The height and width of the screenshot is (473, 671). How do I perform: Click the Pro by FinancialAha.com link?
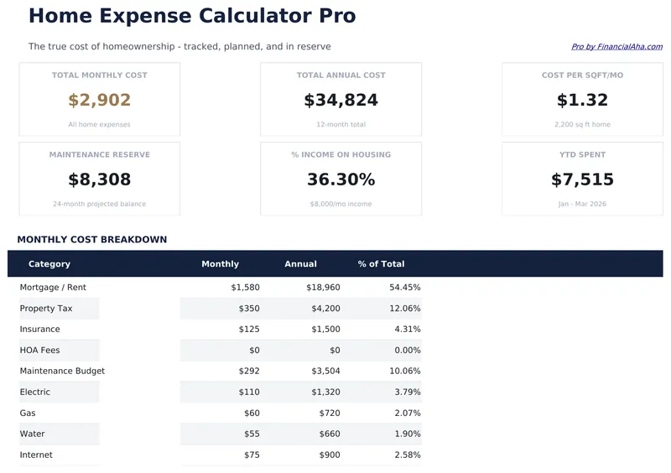pyautogui.click(x=616, y=47)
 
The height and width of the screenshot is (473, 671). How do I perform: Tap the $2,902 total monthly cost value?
pyautogui.click(x=99, y=101)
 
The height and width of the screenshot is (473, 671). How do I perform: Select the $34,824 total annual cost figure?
pyautogui.click(x=341, y=101)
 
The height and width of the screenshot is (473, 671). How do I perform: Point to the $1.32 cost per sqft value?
pyautogui.click(x=582, y=101)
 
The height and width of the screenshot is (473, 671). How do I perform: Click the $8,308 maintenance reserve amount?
pyautogui.click(x=99, y=179)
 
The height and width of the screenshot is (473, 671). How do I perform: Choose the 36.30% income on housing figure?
pyautogui.click(x=341, y=179)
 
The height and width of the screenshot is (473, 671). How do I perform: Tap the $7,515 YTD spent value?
pyautogui.click(x=582, y=179)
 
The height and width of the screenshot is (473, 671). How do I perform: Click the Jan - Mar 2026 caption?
pyautogui.click(x=582, y=204)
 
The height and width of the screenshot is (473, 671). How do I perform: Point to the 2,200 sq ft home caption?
pyautogui.click(x=582, y=125)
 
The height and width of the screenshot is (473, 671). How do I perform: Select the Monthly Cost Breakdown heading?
pyautogui.click(x=91, y=240)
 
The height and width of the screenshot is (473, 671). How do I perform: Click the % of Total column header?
pyautogui.click(x=381, y=264)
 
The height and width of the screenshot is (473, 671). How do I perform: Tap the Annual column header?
pyautogui.click(x=300, y=264)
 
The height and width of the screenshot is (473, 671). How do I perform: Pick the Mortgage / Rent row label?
pyautogui.click(x=53, y=288)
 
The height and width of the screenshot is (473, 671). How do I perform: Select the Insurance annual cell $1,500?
pyautogui.click(x=325, y=330)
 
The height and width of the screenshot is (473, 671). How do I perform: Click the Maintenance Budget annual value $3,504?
pyautogui.click(x=325, y=372)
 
